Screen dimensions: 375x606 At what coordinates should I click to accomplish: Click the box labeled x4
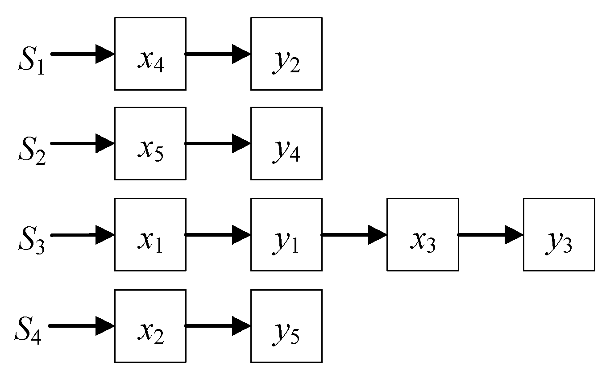150,54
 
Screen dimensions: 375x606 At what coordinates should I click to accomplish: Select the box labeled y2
286,54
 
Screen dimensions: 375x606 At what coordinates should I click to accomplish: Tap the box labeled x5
150,143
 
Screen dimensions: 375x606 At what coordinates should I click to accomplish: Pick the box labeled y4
286,143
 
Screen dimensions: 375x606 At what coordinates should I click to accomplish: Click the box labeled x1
150,234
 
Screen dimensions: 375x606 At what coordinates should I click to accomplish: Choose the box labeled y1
286,234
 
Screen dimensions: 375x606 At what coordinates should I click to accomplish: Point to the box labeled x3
423,234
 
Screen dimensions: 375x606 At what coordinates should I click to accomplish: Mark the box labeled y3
559,234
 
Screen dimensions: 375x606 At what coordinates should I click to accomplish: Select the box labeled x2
150,325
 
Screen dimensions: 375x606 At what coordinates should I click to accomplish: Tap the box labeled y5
286,325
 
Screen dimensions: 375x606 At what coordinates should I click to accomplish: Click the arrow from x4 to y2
218,54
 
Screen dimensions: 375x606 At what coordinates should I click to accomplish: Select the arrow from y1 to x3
354,234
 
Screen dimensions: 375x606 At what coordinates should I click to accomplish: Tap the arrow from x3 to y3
490,234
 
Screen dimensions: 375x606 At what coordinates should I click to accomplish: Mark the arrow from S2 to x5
83,143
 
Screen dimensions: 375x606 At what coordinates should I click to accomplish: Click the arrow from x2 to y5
218,325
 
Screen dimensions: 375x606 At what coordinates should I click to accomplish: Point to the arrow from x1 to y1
218,234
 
